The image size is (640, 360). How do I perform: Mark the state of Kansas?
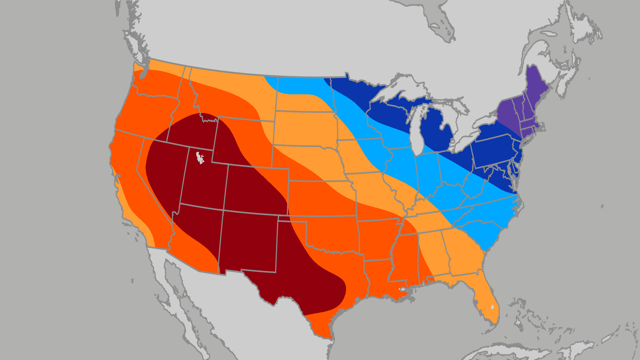tap(322, 198)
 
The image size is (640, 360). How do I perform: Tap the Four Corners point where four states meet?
tap(223, 210)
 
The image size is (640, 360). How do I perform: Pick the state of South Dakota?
tap(305, 128)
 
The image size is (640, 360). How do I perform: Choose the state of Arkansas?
tap(378, 238)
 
